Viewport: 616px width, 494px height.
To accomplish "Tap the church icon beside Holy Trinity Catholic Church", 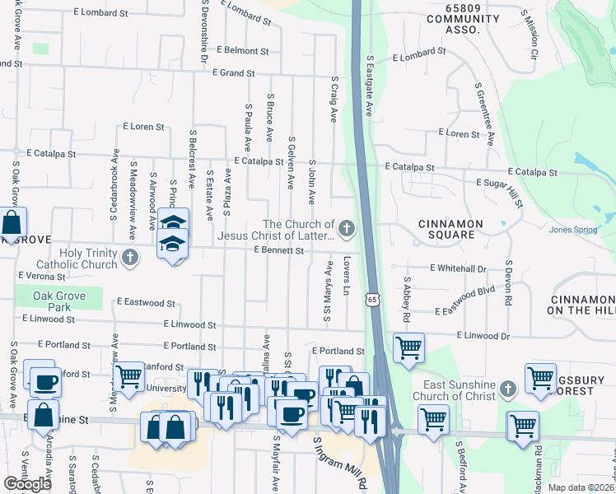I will [129, 259].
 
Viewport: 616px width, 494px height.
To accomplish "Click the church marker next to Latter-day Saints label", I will [347, 228].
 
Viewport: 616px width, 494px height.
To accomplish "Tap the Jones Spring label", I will [573, 231].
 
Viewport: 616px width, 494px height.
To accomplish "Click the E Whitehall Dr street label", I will [459, 268].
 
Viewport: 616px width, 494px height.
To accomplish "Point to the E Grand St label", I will [233, 73].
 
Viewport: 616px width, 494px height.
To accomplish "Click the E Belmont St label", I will [242, 50].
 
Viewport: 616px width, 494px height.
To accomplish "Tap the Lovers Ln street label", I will [348, 277].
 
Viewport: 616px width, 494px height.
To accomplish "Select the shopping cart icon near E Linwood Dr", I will [408, 347].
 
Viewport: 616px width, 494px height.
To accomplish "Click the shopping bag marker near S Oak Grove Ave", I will [12, 222].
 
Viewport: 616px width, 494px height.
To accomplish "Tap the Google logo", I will [28, 484].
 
